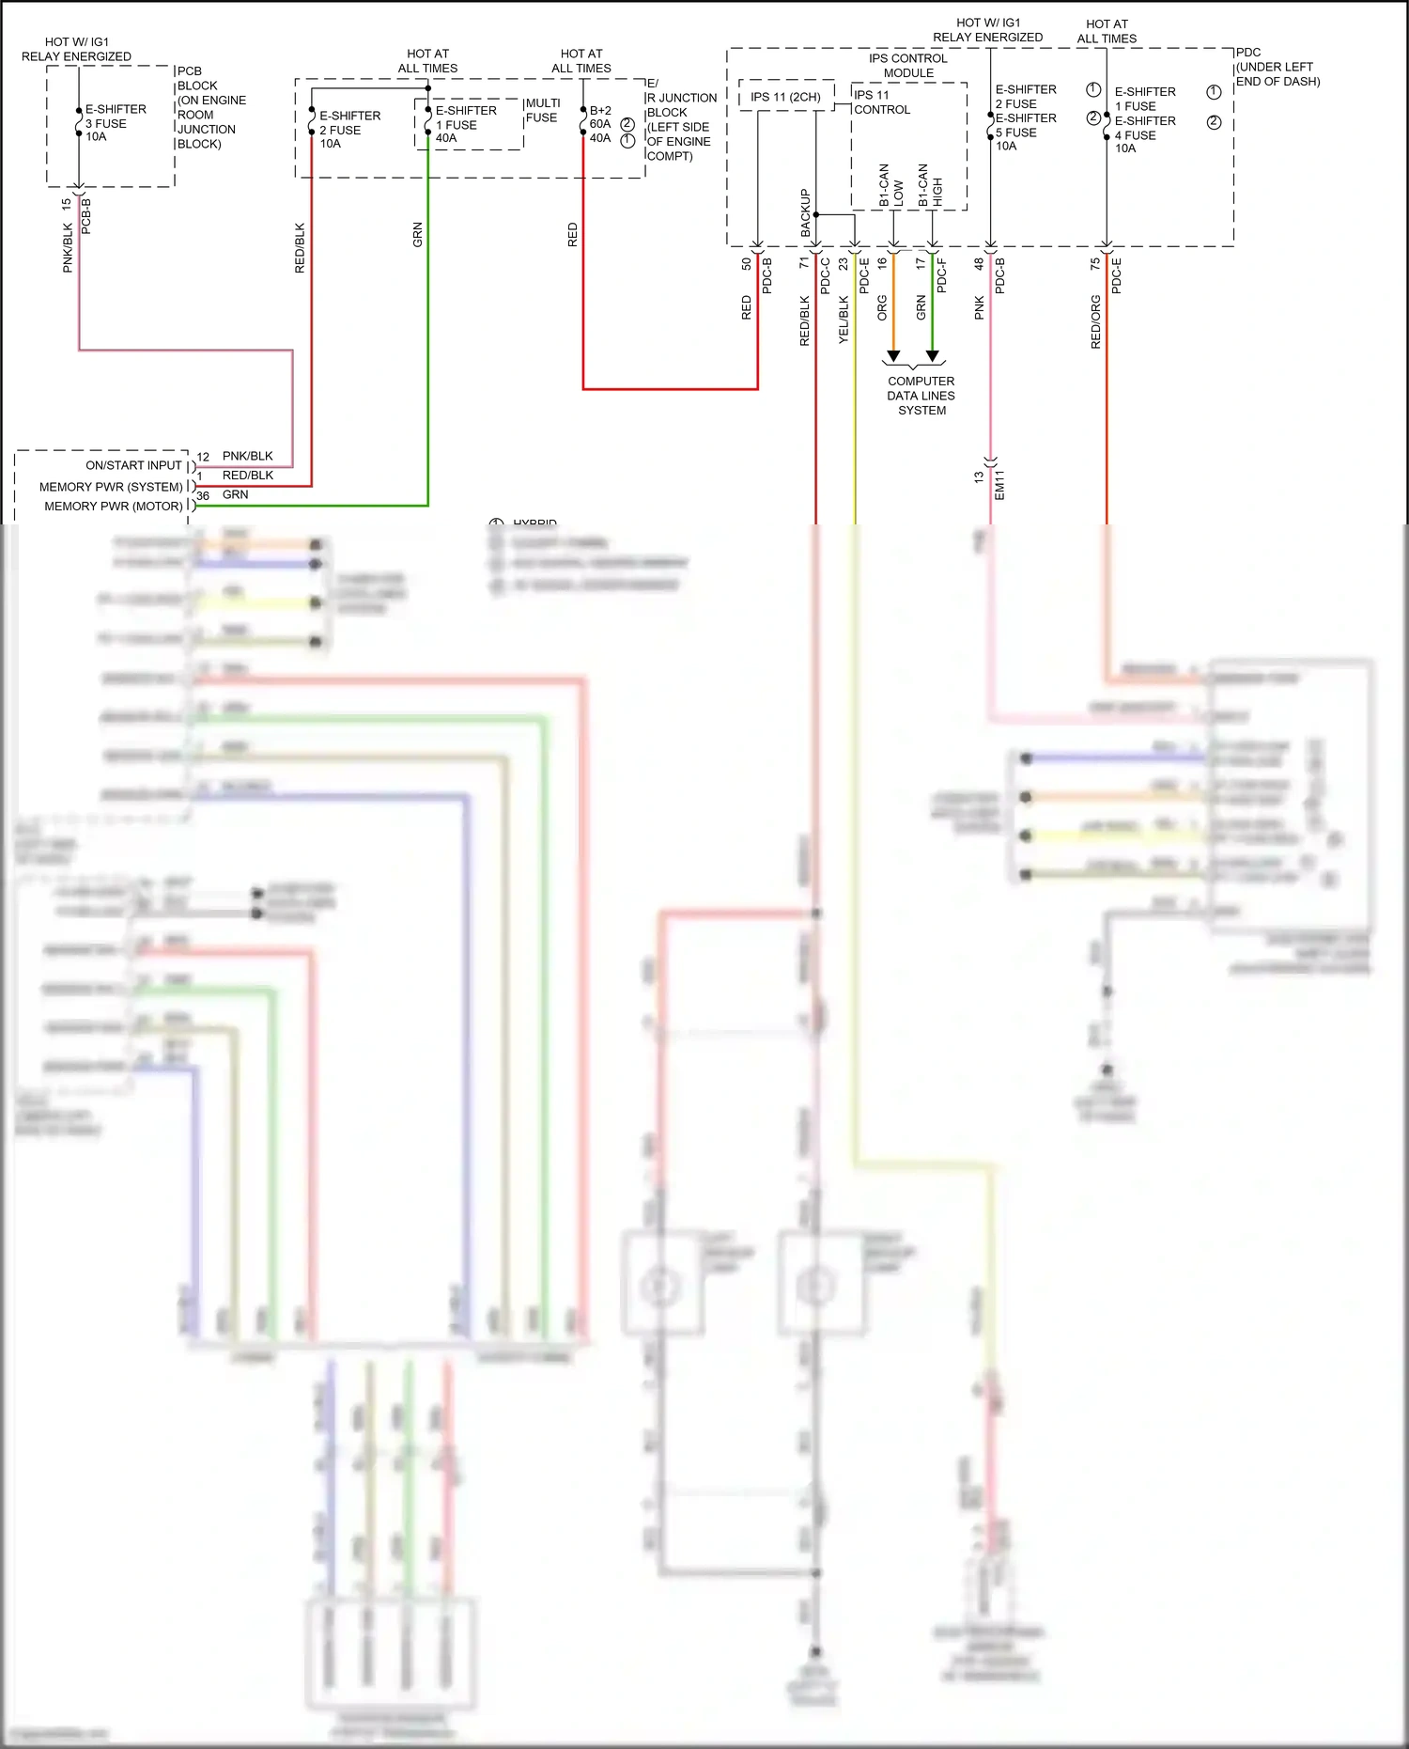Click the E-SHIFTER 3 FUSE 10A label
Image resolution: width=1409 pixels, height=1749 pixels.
point(115,123)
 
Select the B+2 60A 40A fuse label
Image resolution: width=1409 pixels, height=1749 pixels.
point(600,124)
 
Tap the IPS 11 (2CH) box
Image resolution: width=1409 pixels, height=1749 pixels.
point(785,97)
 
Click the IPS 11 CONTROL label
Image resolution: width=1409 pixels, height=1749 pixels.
point(881,102)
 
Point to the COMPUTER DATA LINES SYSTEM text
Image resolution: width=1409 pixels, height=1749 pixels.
point(921,396)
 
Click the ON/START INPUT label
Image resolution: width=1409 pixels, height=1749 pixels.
point(133,465)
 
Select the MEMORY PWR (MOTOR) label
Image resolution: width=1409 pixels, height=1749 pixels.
point(114,506)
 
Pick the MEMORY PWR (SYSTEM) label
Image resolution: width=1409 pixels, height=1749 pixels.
point(111,487)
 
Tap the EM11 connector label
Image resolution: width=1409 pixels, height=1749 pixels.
point(999,485)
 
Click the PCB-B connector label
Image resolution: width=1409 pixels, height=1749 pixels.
point(86,216)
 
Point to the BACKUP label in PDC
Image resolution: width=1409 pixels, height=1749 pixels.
point(805,212)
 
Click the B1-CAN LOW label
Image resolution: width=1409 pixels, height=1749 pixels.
point(890,186)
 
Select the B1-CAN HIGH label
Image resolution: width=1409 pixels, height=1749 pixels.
point(930,186)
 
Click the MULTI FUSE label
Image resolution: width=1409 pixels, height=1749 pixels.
point(542,110)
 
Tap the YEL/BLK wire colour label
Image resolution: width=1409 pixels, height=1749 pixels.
point(844,320)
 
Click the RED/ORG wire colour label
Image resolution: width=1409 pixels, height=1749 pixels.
point(1095,322)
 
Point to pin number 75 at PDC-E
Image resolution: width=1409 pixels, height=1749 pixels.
point(1095,265)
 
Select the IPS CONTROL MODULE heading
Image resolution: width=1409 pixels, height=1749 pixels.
point(908,66)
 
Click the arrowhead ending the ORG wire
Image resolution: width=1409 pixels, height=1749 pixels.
point(893,356)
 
